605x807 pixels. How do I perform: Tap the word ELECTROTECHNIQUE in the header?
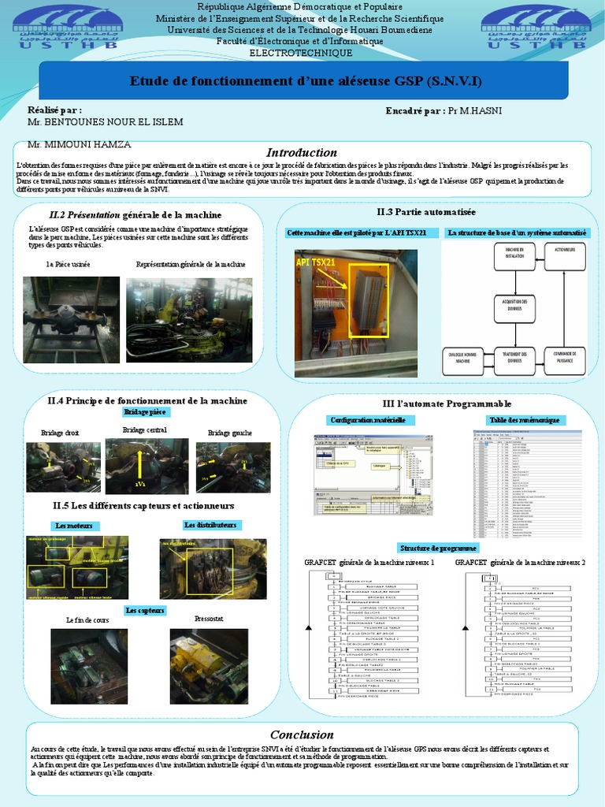[x=301, y=53]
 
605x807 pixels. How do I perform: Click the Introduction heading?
[x=302, y=152]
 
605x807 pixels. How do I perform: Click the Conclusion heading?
[x=302, y=734]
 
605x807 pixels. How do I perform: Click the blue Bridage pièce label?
[x=146, y=412]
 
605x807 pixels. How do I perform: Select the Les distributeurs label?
[x=210, y=525]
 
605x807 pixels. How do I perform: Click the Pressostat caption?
[x=208, y=620]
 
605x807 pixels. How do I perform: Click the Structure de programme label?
[x=437, y=548]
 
